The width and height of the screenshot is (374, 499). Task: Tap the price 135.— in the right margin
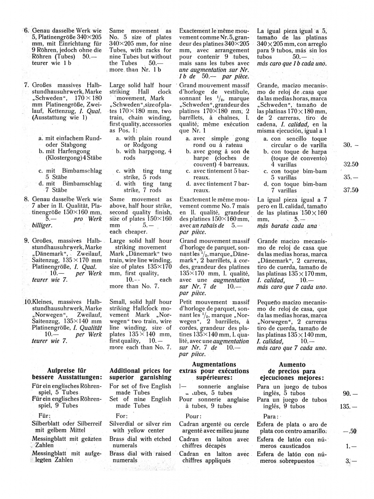pyautogui.click(x=349, y=406)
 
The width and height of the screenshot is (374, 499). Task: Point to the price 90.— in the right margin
pyautogui.click(x=350, y=393)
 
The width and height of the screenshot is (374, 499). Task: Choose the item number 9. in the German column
pyautogui.click(x=26, y=241)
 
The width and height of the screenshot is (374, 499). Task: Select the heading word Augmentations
pyautogui.click(x=214, y=364)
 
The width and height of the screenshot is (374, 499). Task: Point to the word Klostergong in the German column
pyautogui.click(x=62, y=158)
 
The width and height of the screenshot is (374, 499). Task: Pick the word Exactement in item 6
pyautogui.click(x=195, y=30)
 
